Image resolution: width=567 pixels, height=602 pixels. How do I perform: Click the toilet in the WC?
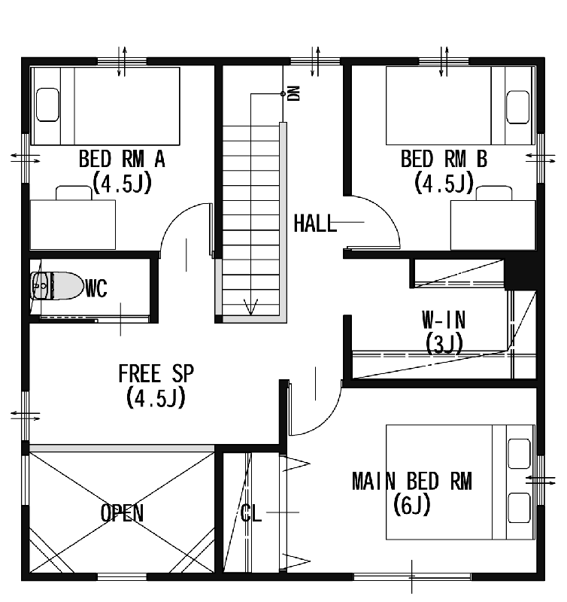point(57,286)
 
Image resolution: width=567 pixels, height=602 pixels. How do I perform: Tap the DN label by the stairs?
point(294,93)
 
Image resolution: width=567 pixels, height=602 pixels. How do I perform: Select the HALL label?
point(315,223)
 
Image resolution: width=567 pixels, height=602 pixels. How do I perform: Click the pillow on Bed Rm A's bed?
point(47,105)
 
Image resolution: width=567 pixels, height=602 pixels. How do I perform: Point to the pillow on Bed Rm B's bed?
point(518,107)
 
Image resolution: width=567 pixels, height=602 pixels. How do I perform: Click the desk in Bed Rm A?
point(72,224)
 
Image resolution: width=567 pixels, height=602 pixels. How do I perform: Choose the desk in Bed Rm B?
point(493,225)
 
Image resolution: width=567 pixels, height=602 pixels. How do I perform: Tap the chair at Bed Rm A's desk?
point(74,193)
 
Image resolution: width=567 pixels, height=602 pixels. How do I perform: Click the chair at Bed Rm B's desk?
point(494,193)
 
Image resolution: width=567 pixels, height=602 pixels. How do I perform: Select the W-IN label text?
point(444,320)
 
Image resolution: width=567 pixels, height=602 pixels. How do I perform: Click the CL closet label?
point(251,513)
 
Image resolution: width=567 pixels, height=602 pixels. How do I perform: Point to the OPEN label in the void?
point(122,513)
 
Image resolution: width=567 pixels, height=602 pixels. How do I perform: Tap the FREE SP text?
point(156,373)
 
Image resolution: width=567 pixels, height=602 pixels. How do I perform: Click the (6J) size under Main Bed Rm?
point(412,505)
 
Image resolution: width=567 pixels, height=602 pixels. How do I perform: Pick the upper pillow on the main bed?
point(519,454)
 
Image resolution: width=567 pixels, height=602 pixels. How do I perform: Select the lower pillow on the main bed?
point(519,507)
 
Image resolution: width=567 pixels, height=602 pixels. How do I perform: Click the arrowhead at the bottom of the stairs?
point(251,307)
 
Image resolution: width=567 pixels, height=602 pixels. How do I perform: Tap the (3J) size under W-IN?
point(444,344)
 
